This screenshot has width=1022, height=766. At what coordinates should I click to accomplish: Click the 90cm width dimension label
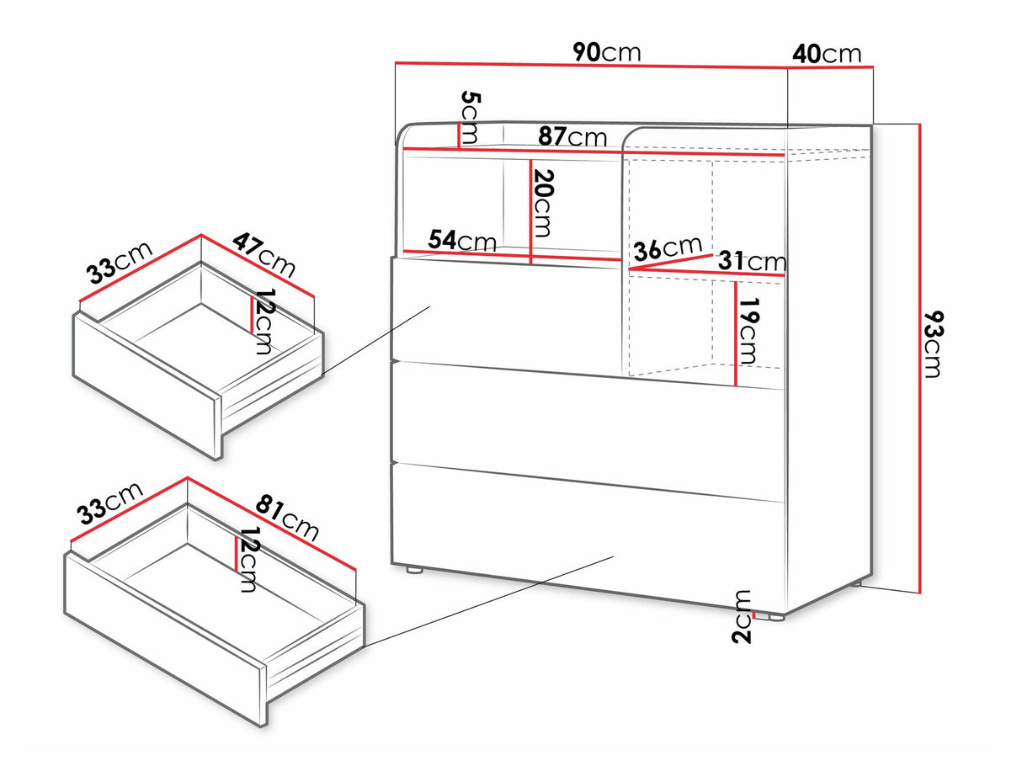pos(607,52)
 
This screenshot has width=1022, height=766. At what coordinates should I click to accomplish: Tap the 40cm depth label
pos(827,54)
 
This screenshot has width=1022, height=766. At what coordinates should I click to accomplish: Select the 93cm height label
pos(933,344)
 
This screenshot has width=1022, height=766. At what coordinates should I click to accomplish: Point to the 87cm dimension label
pos(572,136)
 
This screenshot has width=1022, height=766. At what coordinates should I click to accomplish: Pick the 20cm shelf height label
pos(543,204)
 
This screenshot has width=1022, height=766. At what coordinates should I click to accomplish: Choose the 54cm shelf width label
pos(462,240)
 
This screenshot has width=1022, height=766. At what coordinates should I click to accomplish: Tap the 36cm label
pos(668,247)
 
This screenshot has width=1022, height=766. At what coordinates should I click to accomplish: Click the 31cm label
pos(752,262)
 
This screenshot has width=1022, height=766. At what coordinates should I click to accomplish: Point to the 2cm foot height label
pos(741,617)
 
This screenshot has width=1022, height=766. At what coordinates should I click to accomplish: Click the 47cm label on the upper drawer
pos(264,256)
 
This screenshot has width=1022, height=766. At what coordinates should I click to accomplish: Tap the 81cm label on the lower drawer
pos(287,519)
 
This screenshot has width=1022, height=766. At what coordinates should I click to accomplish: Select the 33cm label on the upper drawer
pos(120,263)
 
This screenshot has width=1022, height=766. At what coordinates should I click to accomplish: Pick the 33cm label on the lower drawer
pos(110,503)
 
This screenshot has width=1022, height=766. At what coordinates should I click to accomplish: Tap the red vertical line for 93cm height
pos(920,359)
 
